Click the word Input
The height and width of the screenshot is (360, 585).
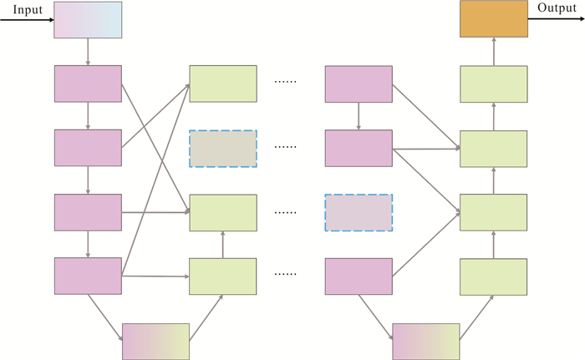click(x=28, y=9)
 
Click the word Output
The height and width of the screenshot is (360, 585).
click(x=557, y=8)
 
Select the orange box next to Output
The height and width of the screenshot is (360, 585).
click(x=494, y=18)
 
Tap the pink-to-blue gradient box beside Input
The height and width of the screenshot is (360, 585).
click(x=88, y=20)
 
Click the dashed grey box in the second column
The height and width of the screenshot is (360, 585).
click(x=223, y=149)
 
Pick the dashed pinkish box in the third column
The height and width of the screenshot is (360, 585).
click(x=359, y=213)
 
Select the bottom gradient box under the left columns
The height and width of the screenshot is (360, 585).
click(x=156, y=342)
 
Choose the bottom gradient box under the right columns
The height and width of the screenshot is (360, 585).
click(x=426, y=342)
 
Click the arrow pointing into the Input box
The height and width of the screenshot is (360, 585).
click(x=27, y=20)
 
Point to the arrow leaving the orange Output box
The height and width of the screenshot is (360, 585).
click(x=557, y=18)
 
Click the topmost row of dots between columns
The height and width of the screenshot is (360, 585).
click(x=286, y=82)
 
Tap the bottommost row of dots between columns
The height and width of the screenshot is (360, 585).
click(x=286, y=274)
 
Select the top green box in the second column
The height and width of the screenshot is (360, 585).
click(x=223, y=84)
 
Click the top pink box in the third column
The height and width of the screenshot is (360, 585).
click(x=359, y=84)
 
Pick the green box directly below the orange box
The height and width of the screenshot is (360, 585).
click(x=494, y=84)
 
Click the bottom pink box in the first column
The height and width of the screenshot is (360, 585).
click(x=88, y=276)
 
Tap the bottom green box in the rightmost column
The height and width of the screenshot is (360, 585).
click(x=494, y=276)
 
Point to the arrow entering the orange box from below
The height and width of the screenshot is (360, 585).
click(x=494, y=52)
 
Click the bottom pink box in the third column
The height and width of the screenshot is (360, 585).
click(x=359, y=276)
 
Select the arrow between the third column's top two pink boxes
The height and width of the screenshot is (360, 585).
click(x=359, y=116)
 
